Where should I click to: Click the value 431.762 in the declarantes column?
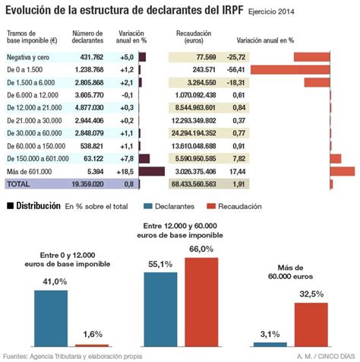point(87,57)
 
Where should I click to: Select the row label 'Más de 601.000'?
point(30,172)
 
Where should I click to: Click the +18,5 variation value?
point(127,172)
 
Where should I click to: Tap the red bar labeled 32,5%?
point(311,324)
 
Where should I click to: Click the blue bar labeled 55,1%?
point(159,308)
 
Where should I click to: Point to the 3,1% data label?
point(270,334)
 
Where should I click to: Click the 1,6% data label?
point(92,334)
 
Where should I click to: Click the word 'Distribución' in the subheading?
point(38,205)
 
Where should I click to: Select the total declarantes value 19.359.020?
point(85,184)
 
